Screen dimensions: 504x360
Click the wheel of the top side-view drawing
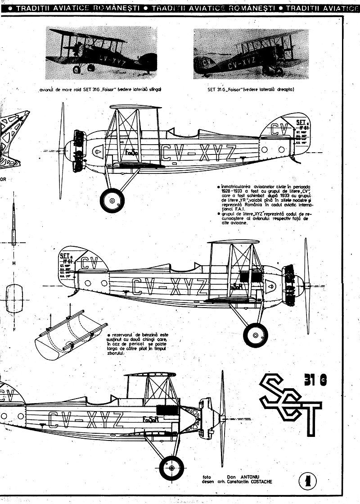[112, 199]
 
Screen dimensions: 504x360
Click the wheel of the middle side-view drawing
[255, 335]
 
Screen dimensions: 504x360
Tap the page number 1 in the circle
[308, 481]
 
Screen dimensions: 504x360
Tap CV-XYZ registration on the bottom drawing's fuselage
[85, 420]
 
